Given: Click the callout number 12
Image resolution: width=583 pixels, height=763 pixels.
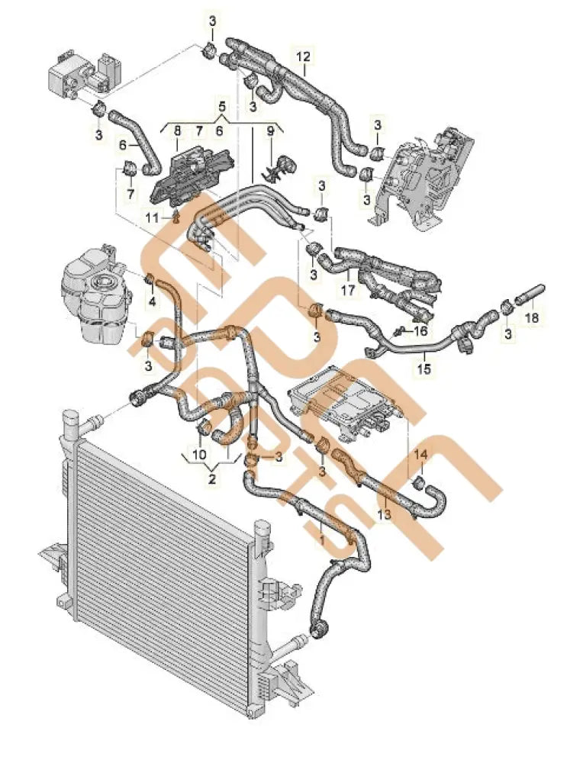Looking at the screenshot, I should pos(304,56).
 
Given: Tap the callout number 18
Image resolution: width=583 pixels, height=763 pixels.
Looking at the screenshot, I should pos(533,316).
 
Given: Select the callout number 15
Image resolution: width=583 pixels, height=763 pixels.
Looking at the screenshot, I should pos(424,369).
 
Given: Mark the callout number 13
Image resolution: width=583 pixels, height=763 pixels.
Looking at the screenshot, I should pos(384,515).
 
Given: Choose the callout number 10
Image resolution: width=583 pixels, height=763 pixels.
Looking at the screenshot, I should pos(200,456).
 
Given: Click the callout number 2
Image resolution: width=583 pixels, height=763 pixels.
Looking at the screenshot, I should pos(212,479).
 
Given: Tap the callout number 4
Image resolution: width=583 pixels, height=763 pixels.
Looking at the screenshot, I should pos(151,302).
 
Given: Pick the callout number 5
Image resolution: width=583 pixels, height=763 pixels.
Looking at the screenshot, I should pos(223,105).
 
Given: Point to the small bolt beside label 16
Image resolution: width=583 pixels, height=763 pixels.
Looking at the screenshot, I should pos(399,331).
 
